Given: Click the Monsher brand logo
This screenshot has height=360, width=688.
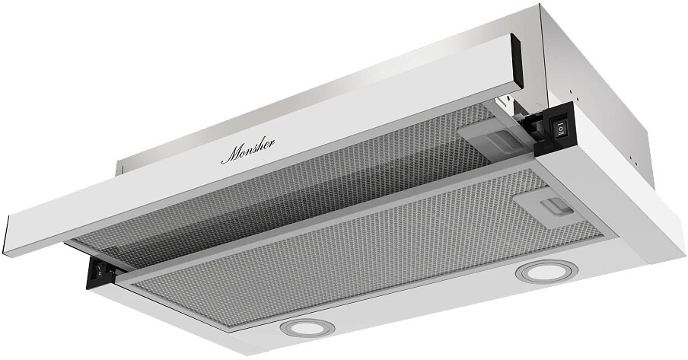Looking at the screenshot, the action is pos(248,151).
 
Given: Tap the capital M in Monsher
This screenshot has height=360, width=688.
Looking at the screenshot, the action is pos(230,156).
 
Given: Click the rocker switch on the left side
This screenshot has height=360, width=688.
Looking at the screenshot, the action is pos(99,269).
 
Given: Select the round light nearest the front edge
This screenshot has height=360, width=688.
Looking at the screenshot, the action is pos(307,328).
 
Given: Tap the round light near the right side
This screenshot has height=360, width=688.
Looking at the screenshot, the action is pos(544,272).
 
